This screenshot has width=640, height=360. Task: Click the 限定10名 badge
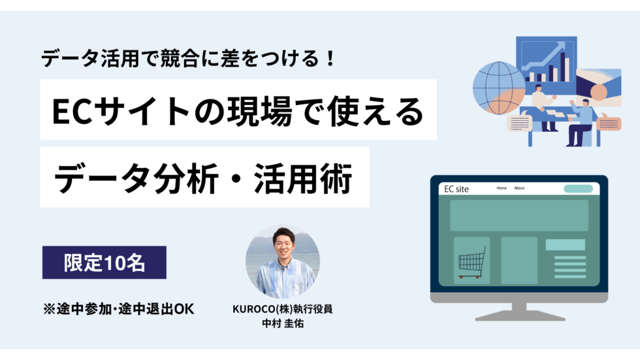104,262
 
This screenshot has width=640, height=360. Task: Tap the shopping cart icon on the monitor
472,262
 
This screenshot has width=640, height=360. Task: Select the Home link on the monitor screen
502,188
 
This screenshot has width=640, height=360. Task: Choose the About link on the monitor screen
519,188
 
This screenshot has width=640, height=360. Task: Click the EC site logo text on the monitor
456,189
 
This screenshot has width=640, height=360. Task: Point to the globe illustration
498,88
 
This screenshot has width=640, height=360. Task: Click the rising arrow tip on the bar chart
562,46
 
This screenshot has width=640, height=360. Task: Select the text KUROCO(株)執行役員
282,309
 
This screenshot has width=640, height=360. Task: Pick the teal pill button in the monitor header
578,189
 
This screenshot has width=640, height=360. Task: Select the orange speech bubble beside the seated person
609,122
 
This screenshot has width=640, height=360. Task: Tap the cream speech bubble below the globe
520,123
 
